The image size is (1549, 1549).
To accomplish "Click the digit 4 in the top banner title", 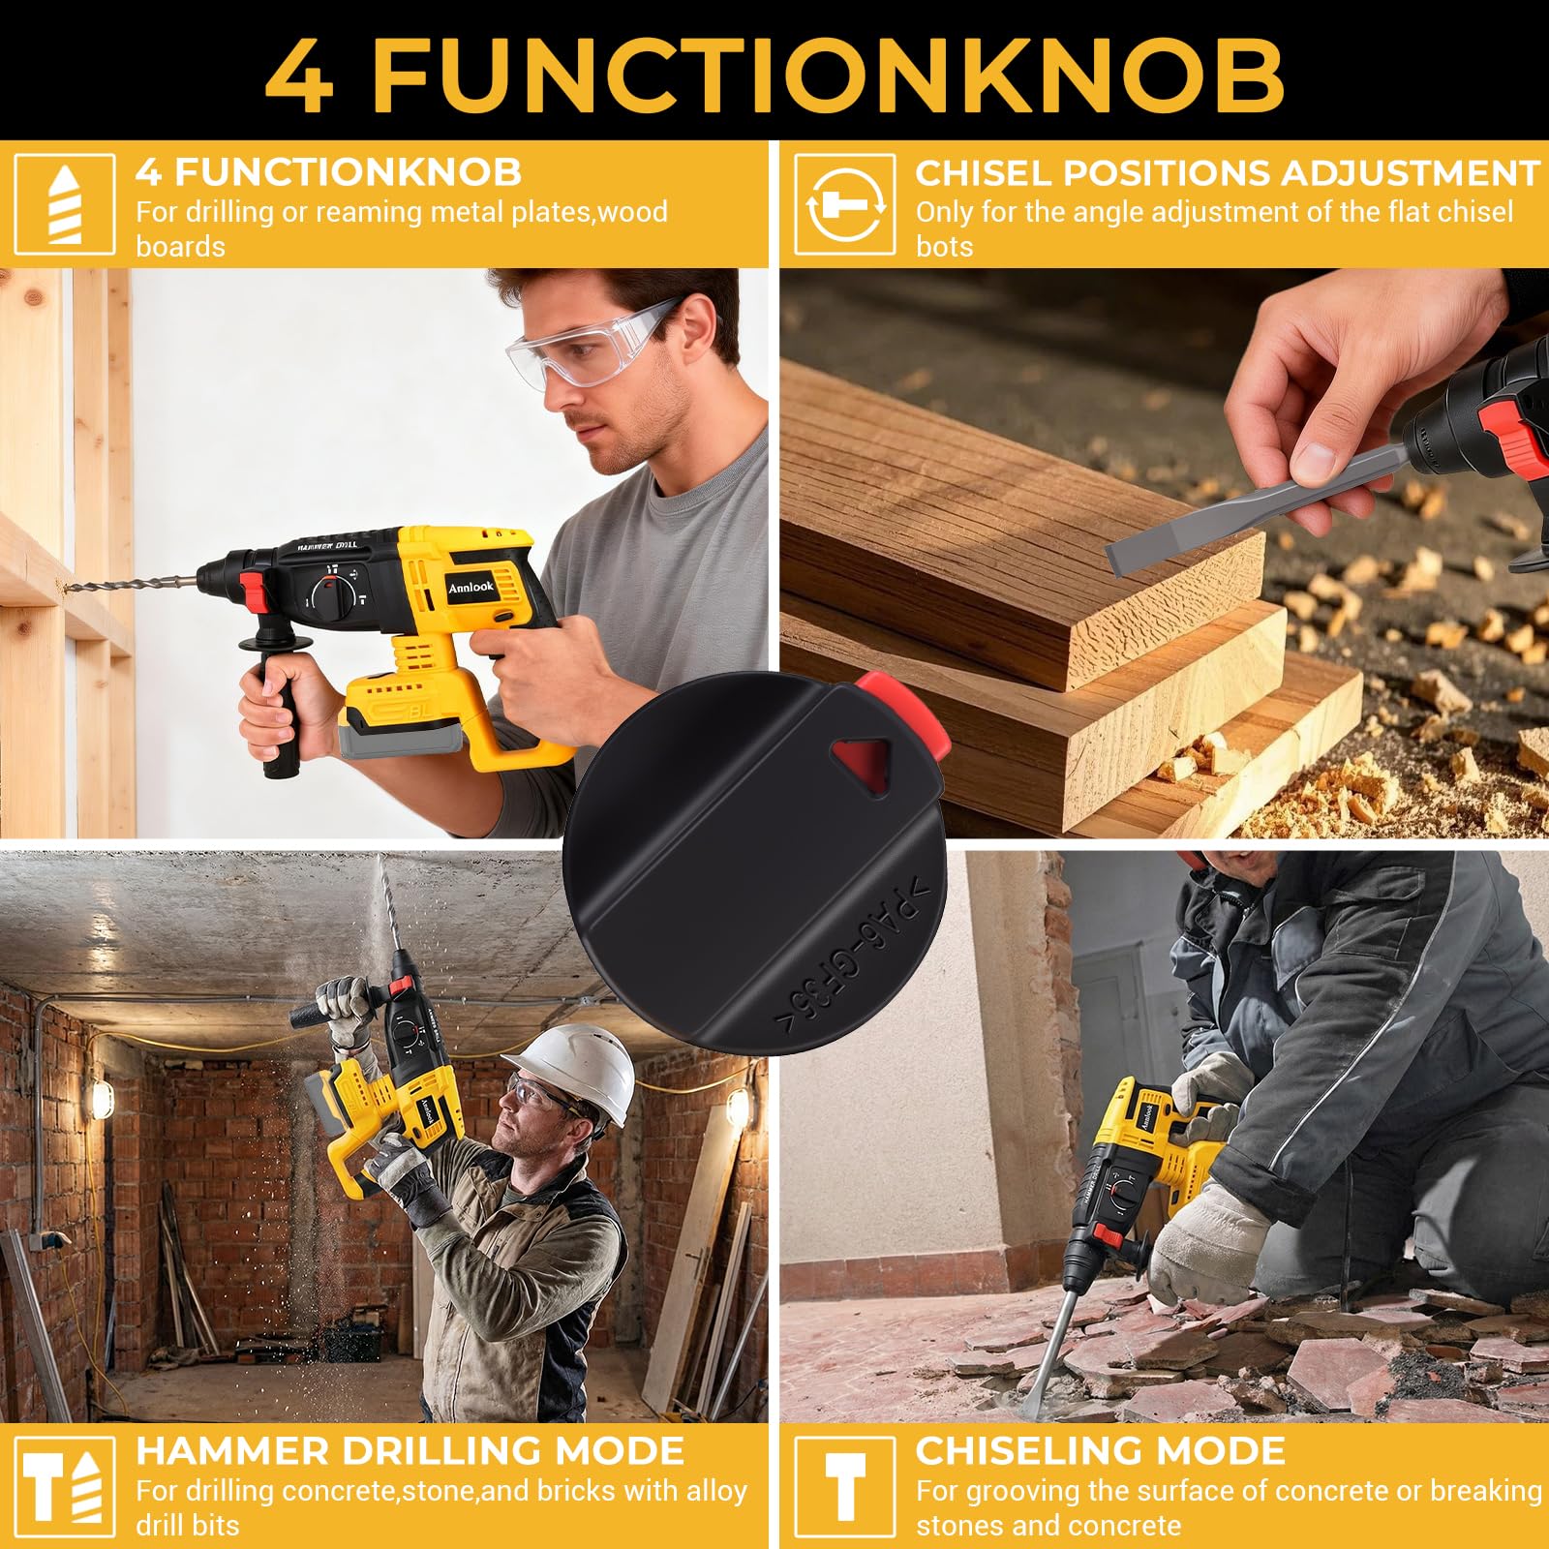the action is pos(299,75).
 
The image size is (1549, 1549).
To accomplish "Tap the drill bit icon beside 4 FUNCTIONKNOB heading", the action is pos(65,204).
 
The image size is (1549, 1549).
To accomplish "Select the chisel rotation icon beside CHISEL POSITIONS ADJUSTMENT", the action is pos(844,204).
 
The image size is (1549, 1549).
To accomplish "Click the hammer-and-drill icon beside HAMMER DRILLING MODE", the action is pos(65,1488).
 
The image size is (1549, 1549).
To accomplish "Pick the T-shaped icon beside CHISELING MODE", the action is pos(844,1488).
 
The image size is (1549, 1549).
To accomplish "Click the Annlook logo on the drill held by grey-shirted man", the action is pos(471,588).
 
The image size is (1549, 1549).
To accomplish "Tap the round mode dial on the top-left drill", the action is pos(332,593).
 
